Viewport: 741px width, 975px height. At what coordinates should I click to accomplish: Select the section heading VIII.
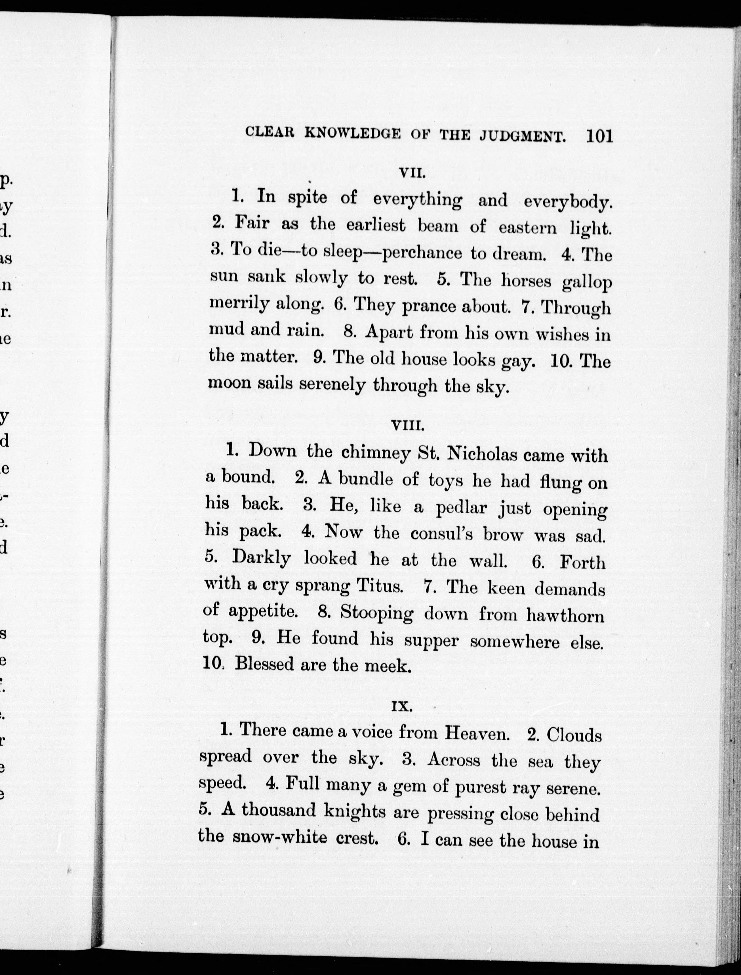tap(408, 427)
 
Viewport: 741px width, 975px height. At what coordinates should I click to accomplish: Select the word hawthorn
tap(565, 615)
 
